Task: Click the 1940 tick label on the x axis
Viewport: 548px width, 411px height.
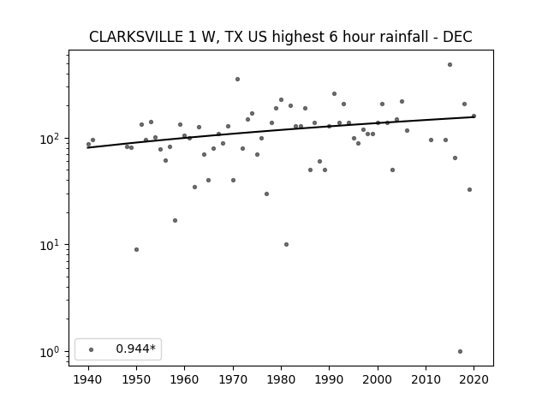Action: coord(88,379)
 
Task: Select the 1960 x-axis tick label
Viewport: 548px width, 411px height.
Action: coord(185,379)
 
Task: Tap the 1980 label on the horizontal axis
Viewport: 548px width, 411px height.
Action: coord(281,379)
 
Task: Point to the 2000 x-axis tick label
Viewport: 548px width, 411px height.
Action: coord(378,379)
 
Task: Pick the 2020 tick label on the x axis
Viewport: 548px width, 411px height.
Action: coord(474,379)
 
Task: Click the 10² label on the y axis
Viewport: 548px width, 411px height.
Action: coord(52,139)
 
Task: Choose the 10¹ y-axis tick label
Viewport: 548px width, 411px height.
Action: coord(52,246)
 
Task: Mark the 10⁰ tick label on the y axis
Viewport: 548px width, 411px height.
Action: coord(52,352)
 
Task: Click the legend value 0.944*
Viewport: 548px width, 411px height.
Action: coord(135,348)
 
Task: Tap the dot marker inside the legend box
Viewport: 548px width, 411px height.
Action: coord(92,349)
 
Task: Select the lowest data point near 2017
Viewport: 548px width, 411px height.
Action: coord(460,352)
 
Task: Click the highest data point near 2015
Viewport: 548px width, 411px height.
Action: coord(450,65)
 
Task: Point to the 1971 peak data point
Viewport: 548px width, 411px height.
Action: coord(237,80)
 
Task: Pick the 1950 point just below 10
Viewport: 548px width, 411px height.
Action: coord(136,249)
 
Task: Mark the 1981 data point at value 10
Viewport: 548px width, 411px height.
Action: coord(286,245)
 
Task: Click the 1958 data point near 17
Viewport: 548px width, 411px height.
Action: coord(175,221)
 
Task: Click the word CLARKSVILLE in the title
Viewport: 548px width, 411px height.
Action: coord(136,37)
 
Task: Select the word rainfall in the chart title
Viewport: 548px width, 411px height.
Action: coord(402,37)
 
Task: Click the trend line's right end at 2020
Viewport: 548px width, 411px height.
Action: coord(474,116)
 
